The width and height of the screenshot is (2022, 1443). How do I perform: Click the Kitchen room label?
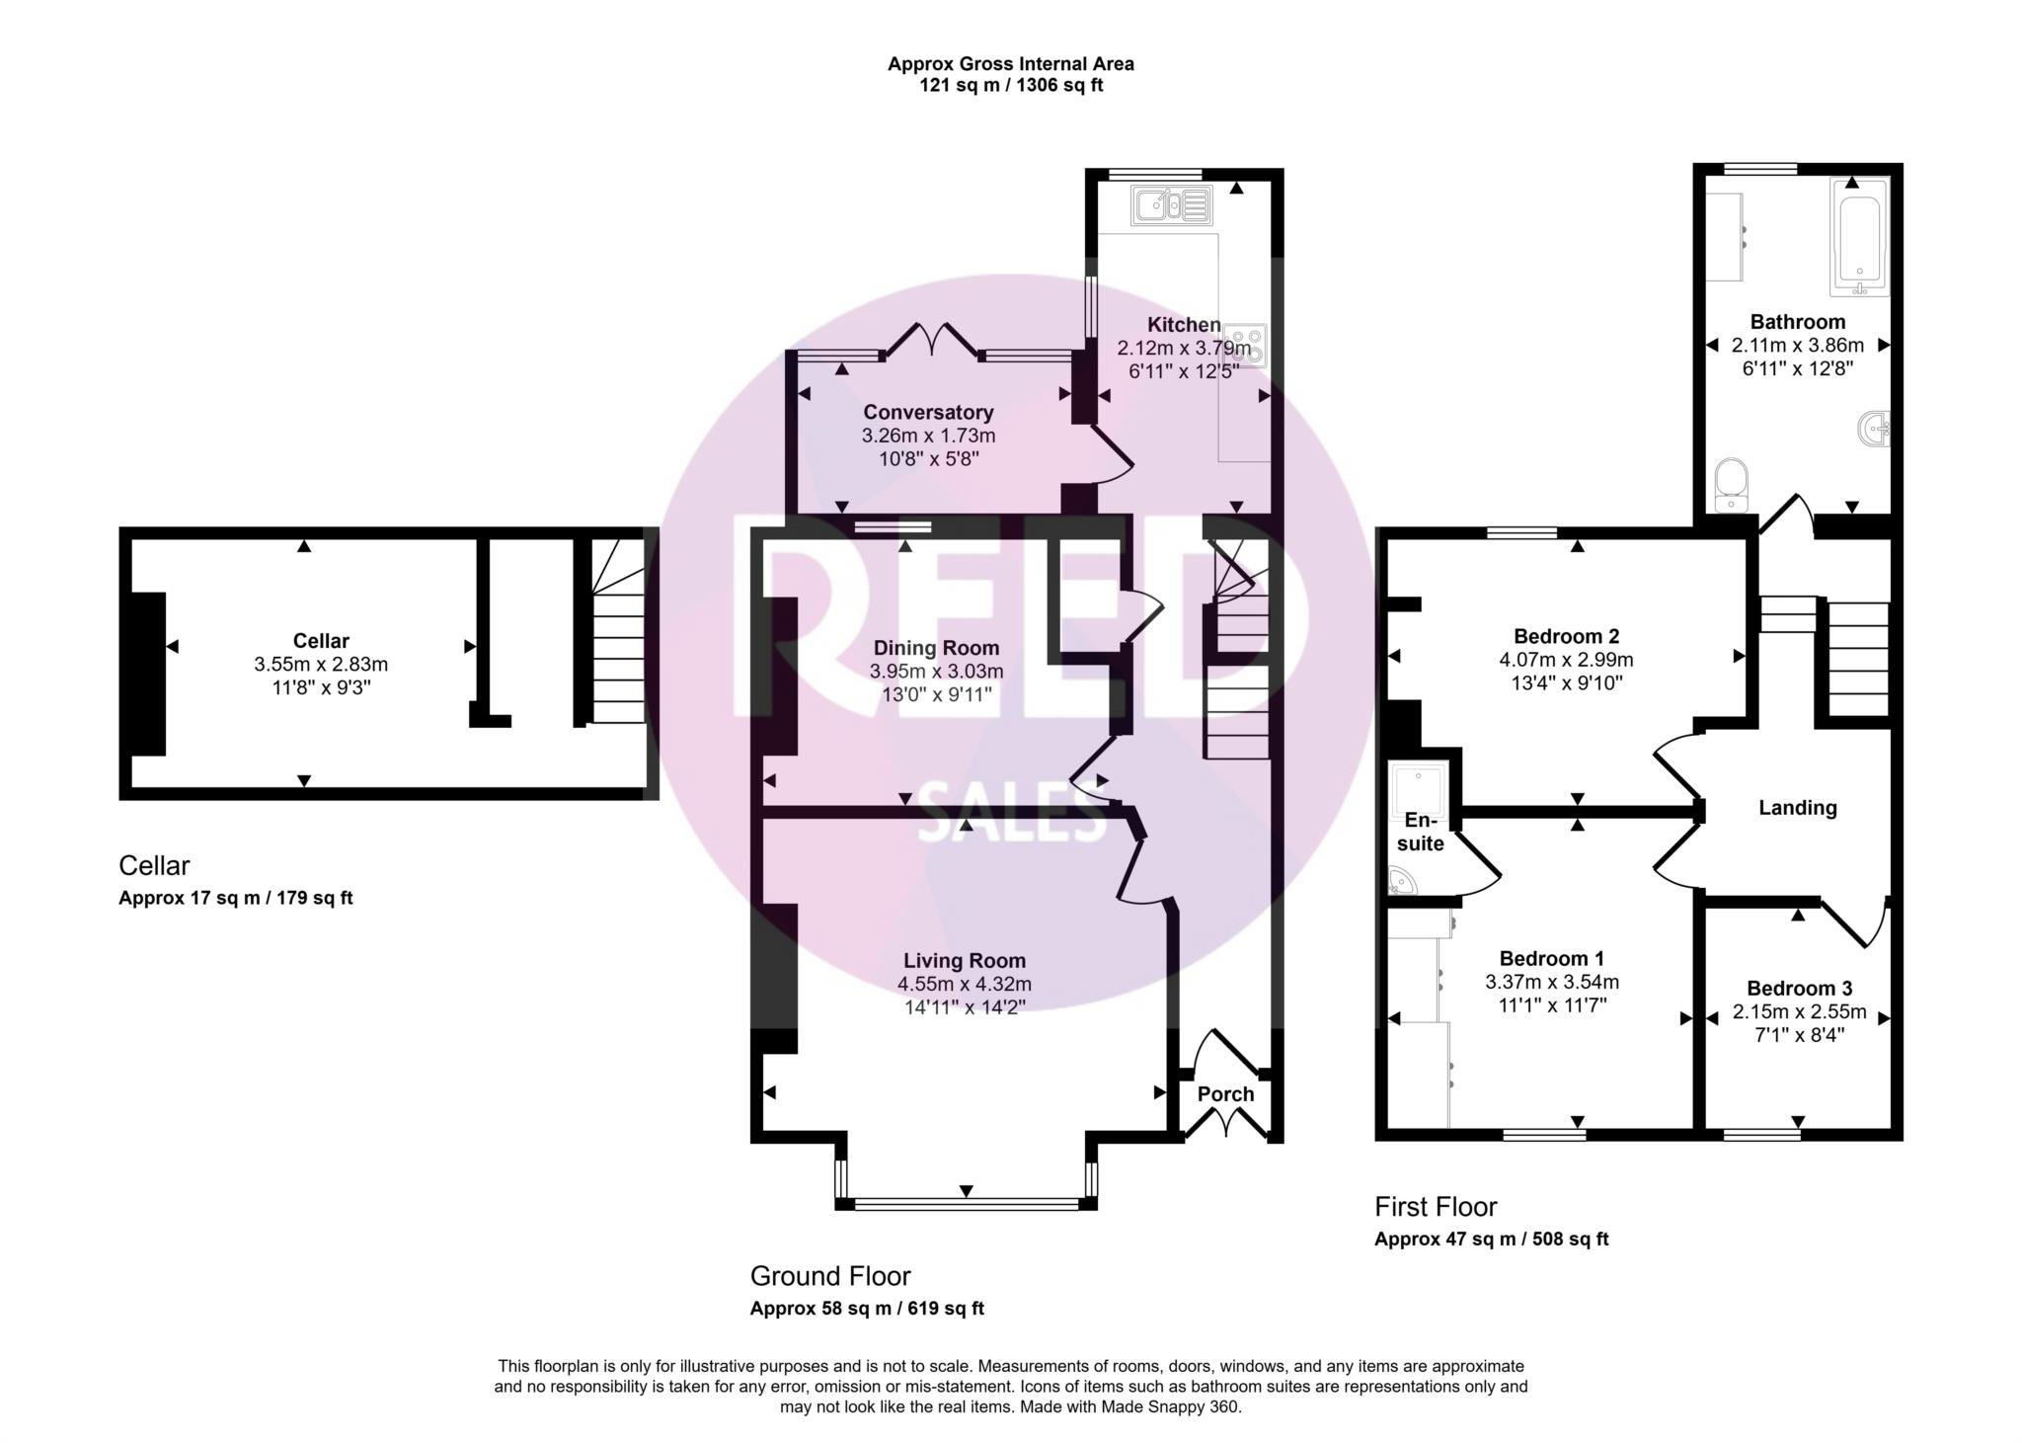pyautogui.click(x=1184, y=325)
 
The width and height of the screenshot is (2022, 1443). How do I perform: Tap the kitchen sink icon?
pyautogui.click(x=1172, y=205)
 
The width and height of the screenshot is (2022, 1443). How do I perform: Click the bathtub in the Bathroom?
pyautogui.click(x=1859, y=237)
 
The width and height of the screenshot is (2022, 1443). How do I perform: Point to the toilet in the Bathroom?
pyautogui.click(x=1731, y=484)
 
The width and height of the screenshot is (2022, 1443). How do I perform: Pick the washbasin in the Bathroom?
pyautogui.click(x=1874, y=429)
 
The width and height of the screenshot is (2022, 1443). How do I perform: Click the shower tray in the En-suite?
pyautogui.click(x=1418, y=785)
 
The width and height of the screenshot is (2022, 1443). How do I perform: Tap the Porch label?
pyautogui.click(x=1225, y=1094)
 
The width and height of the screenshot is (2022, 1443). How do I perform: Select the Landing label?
pyautogui.click(x=1797, y=808)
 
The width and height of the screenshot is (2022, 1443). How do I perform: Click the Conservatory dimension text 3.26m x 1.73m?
pyautogui.click(x=928, y=436)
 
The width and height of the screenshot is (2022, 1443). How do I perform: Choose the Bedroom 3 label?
pyautogui.click(x=1799, y=989)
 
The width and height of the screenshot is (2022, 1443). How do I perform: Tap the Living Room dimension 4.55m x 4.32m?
pyautogui.click(x=964, y=984)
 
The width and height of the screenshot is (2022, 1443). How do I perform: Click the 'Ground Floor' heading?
pyautogui.click(x=830, y=1276)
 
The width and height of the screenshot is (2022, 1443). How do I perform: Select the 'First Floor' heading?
pyautogui.click(x=1436, y=1207)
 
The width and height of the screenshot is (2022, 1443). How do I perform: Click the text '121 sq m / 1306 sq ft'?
pyautogui.click(x=1011, y=86)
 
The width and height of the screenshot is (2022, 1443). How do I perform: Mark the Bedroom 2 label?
pyautogui.click(x=1566, y=636)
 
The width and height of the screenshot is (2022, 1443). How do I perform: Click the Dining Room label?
pyautogui.click(x=936, y=648)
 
